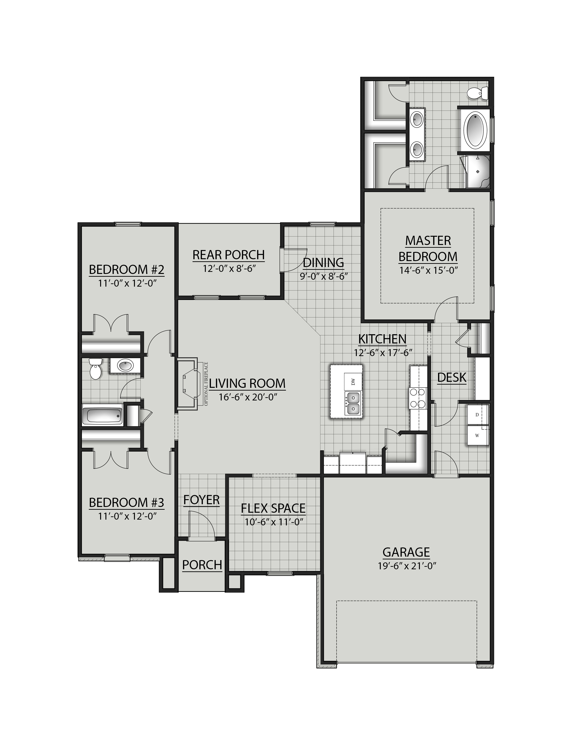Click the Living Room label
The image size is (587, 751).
(x=247, y=383)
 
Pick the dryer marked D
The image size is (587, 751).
(x=477, y=415)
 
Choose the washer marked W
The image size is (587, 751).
(x=477, y=436)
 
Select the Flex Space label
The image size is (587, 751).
(x=273, y=508)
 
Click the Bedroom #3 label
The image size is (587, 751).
(x=127, y=503)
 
